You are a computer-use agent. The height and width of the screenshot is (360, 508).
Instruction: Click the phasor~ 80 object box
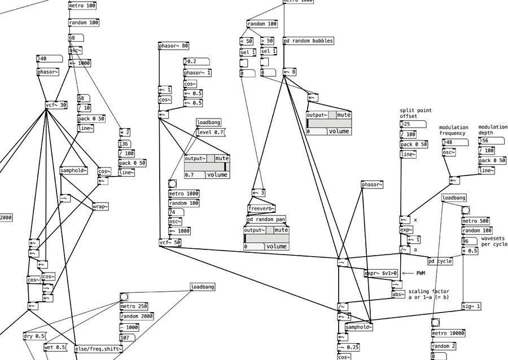(x=173, y=46)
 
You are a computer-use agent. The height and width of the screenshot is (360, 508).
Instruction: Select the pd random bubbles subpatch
(x=308, y=41)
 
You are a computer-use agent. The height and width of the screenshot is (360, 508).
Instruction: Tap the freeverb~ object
(x=260, y=208)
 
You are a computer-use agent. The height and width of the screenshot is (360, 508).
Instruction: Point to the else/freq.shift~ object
(x=98, y=349)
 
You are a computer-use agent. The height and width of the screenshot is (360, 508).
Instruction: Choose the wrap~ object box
(x=100, y=207)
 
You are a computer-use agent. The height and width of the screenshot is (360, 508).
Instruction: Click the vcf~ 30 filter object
(x=56, y=104)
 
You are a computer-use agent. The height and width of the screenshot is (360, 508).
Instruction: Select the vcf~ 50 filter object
(x=170, y=243)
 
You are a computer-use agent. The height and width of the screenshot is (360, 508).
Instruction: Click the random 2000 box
(x=137, y=317)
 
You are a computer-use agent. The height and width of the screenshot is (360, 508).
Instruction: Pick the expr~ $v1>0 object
(x=381, y=273)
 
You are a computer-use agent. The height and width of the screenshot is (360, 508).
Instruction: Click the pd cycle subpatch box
(x=440, y=261)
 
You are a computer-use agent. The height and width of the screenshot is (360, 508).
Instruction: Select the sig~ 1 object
(x=471, y=306)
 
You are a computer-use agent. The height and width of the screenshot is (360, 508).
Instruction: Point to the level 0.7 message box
(x=210, y=132)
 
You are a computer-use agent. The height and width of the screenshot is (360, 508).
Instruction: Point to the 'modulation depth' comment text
(x=493, y=130)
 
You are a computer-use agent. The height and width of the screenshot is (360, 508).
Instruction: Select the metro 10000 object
(x=448, y=333)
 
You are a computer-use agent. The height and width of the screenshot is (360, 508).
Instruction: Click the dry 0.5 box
(x=34, y=336)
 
